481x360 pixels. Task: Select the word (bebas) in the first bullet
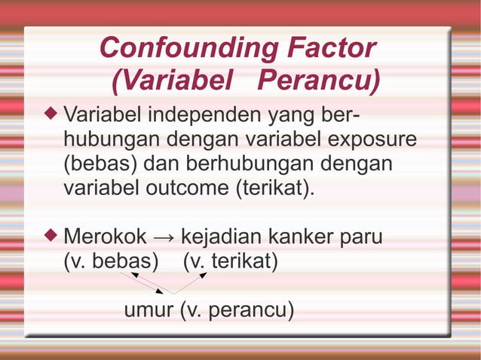pyautogui.click(x=100, y=163)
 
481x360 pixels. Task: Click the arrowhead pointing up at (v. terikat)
pyautogui.click(x=203, y=276)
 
